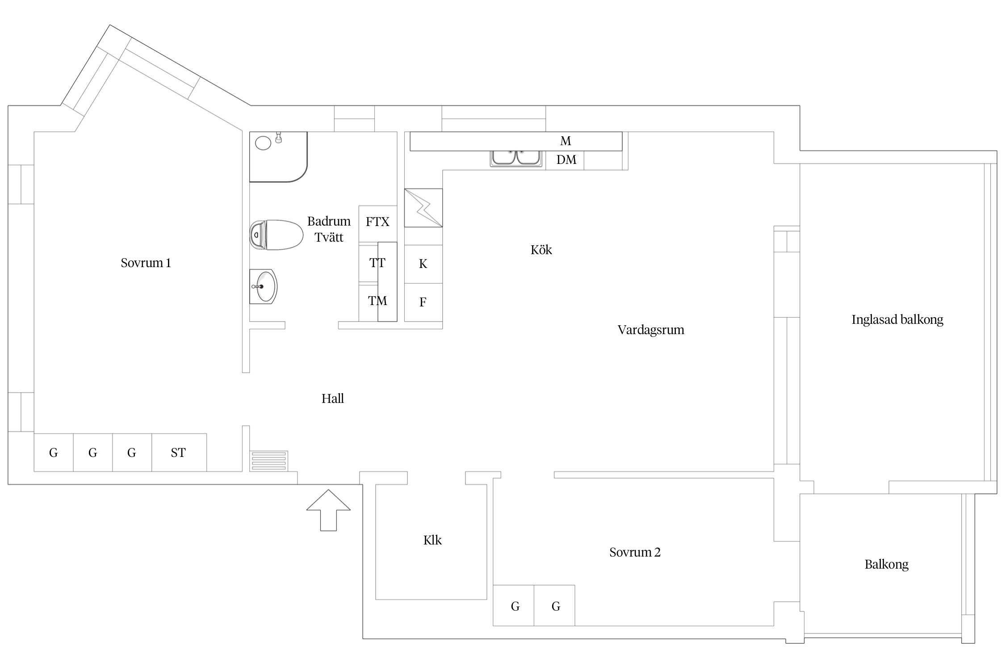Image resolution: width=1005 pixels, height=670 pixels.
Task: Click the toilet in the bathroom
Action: [x=276, y=234]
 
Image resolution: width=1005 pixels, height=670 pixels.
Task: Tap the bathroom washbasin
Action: [x=263, y=287]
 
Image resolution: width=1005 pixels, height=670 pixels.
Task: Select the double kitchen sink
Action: [x=516, y=158]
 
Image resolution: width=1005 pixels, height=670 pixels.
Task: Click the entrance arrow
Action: [x=328, y=510]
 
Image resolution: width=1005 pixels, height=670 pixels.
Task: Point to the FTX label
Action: [x=377, y=222]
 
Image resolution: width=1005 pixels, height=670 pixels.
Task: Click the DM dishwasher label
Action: [x=566, y=159]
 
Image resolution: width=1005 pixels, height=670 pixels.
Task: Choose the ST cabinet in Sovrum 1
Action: [x=179, y=452]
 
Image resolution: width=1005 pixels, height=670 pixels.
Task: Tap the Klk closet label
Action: [x=432, y=540]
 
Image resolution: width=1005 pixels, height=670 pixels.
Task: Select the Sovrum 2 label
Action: [x=635, y=553]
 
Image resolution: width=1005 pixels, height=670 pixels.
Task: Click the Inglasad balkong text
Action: [x=897, y=320]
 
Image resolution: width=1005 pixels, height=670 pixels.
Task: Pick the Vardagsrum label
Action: [x=651, y=330]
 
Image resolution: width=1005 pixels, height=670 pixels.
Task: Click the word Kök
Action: [x=541, y=250]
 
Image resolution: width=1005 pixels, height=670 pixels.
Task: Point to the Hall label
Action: [x=333, y=398]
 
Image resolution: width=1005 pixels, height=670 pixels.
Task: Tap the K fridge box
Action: [x=423, y=264]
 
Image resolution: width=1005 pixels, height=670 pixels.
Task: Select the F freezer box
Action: [x=423, y=302]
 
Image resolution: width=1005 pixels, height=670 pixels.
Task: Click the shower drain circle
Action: [x=263, y=143]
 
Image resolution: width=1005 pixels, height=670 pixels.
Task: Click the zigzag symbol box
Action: [x=423, y=208]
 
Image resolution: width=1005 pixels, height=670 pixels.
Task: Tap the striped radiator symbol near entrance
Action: [x=269, y=461]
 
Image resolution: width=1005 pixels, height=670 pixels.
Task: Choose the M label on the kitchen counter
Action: [x=565, y=141]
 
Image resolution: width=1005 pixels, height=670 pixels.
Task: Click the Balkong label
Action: [x=887, y=565]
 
